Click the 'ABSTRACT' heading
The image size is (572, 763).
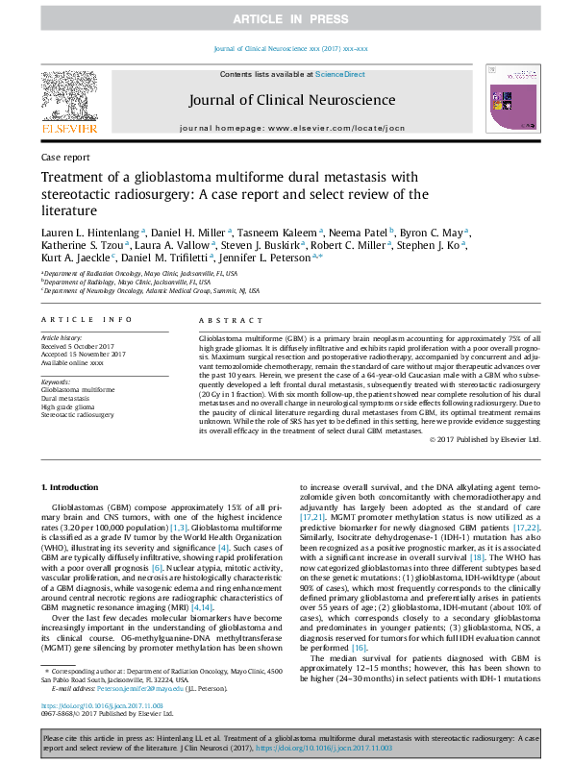pyautogui.click(x=224, y=319)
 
